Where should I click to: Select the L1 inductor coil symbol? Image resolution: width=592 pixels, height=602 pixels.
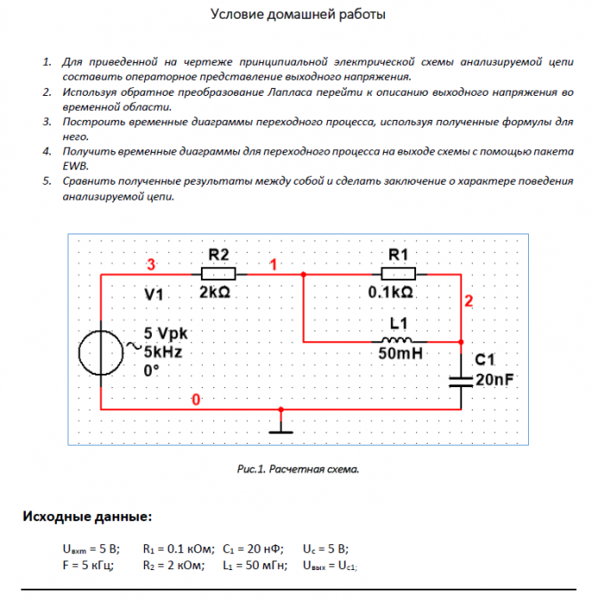[396, 340]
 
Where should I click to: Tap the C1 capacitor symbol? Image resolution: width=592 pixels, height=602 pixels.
[460, 379]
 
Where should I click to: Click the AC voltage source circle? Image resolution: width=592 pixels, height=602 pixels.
[104, 352]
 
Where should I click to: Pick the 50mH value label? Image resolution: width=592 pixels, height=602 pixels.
[398, 354]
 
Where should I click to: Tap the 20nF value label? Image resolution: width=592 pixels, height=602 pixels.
[495, 380]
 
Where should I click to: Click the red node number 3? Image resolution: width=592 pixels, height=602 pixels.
[151, 265]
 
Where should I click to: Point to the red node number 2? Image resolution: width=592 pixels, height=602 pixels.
[468, 301]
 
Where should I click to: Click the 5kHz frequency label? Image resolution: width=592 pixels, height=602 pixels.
[163, 352]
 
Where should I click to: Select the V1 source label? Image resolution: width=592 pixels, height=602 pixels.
[155, 294]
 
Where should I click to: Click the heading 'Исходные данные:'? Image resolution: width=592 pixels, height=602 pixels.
[87, 516]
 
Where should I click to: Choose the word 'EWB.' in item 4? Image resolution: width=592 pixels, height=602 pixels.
[76, 166]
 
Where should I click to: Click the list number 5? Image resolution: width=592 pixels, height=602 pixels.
[46, 181]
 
